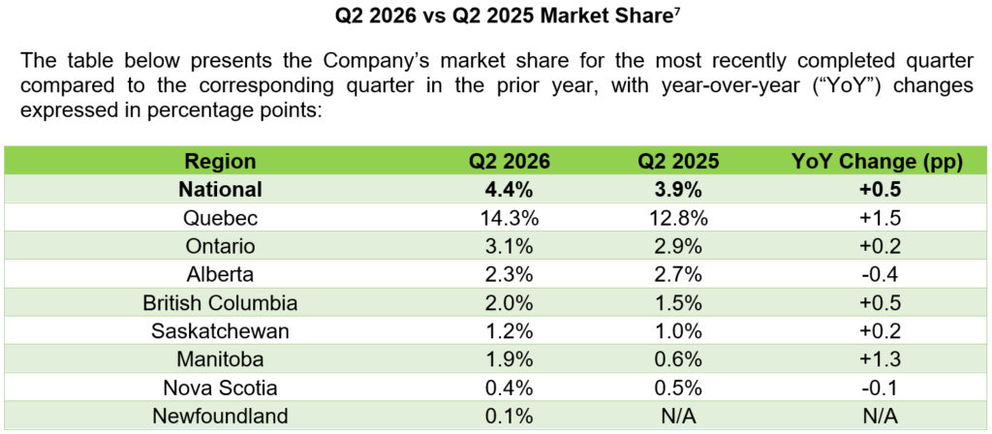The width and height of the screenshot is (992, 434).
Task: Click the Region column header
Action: (x=220, y=162)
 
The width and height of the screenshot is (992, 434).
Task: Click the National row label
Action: (x=220, y=189)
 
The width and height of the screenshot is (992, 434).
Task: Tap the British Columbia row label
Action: (x=220, y=302)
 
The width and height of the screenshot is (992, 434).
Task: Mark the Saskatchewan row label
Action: (x=220, y=330)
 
